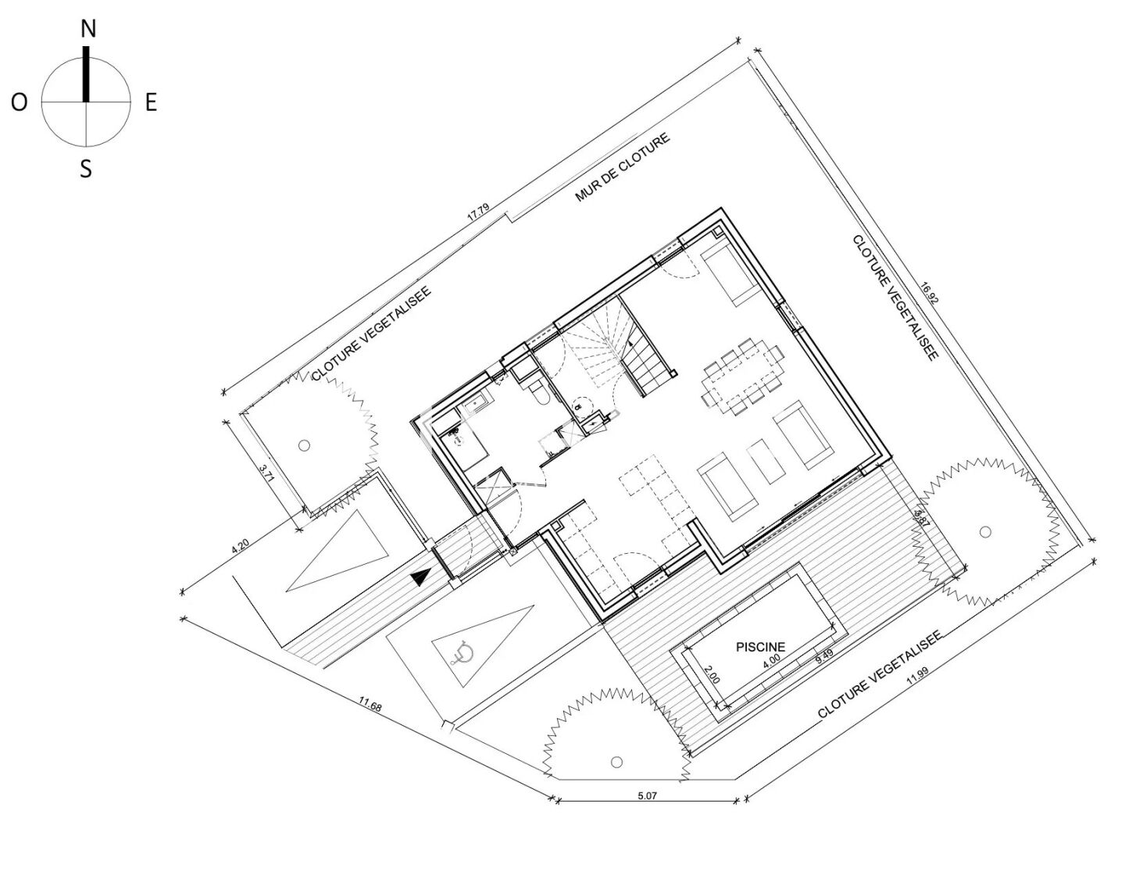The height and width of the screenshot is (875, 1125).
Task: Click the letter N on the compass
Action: point(88,29)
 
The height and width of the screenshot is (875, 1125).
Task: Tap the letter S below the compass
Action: point(86,168)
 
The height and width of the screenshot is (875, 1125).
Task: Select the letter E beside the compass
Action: point(151,102)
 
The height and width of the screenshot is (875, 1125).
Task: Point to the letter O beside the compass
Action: point(20,102)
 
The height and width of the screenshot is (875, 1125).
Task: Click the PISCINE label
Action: point(760,647)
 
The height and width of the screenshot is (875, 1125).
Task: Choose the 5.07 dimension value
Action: point(648,796)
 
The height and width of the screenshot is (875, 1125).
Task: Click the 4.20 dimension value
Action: point(242,548)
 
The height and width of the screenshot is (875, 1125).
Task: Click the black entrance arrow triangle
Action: point(420,577)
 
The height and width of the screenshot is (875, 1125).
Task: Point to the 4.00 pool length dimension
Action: point(771,659)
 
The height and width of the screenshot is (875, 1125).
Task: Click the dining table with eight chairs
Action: point(743,374)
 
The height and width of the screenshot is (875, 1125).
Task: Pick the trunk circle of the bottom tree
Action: point(616,762)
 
